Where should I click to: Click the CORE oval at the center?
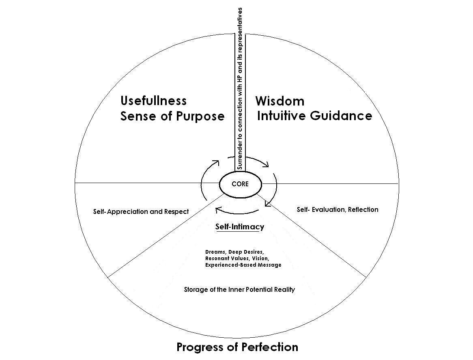coord(240,184)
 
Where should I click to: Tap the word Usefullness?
coord(153,100)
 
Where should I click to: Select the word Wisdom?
coord(280,101)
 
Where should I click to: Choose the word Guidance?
coord(341,116)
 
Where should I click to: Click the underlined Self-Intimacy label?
coord(239,226)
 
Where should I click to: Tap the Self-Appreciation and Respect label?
coord(141,211)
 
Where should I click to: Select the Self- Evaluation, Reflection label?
coord(338,209)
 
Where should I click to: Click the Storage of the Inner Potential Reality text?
coord(239,289)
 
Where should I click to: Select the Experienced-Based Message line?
coord(243,265)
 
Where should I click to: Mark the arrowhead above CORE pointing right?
coord(266,164)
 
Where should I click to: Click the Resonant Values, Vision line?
coord(237,258)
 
